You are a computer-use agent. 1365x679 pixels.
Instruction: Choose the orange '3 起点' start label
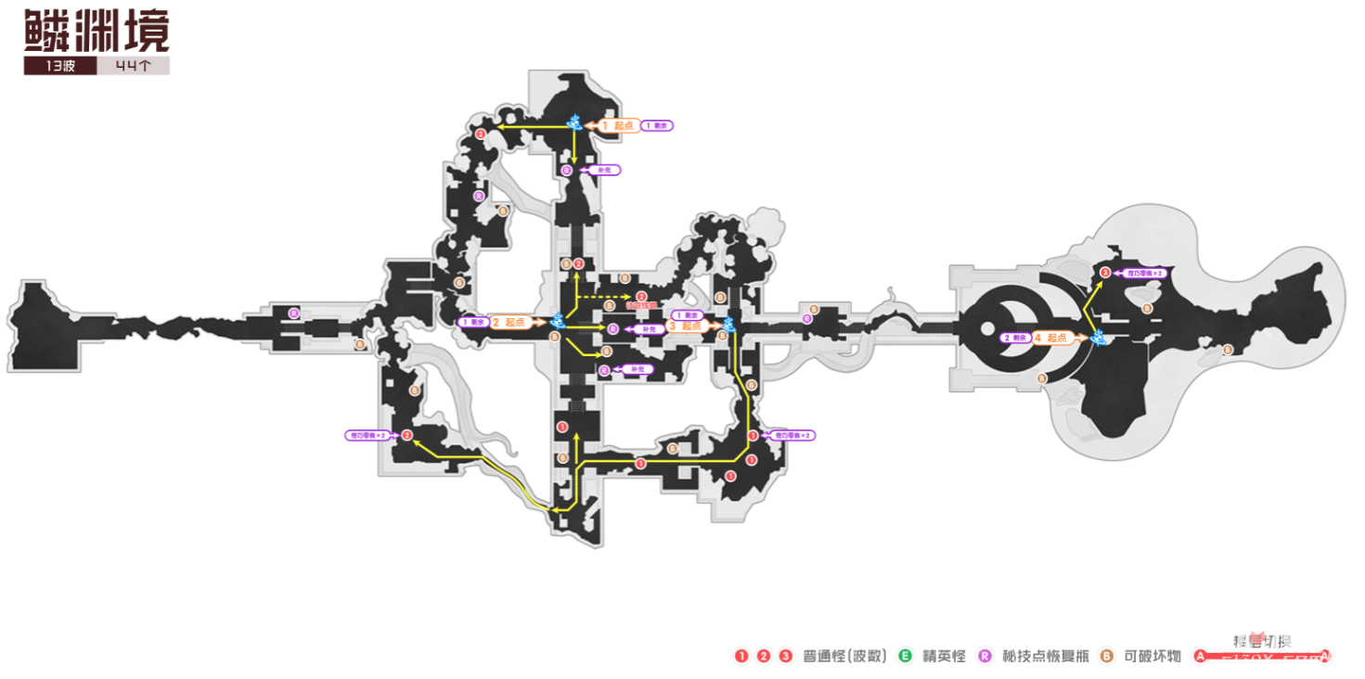pos(687,327)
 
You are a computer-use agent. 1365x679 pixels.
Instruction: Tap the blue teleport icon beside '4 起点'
pos(1099,337)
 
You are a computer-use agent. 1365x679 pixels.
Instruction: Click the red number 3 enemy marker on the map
pos(1105,273)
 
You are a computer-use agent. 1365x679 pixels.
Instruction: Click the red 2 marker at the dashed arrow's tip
pos(641,297)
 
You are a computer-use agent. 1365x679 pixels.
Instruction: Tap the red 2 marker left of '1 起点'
pos(480,135)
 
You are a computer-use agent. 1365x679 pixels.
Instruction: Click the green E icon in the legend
pos(905,657)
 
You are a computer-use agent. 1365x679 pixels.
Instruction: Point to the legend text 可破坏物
pos(1152,657)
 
